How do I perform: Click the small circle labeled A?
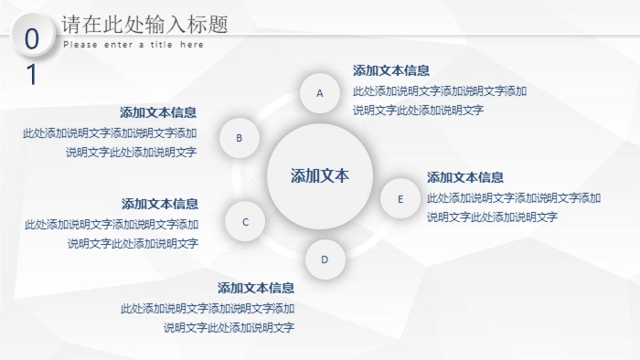click(320, 92)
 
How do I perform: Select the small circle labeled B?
click(240, 139)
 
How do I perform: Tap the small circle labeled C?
click(246, 221)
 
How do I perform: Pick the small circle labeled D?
click(324, 259)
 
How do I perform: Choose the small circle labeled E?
click(400, 198)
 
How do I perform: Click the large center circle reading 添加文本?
click(319, 176)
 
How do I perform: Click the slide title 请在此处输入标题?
click(144, 25)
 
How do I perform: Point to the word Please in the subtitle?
click(80, 45)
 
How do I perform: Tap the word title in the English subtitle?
click(162, 45)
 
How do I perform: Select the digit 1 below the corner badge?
click(32, 74)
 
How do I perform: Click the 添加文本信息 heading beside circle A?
click(391, 70)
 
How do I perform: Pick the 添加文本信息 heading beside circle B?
click(158, 112)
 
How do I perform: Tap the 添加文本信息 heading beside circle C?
click(160, 204)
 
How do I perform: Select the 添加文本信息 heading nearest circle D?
click(256, 288)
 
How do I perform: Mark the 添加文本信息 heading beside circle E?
click(465, 177)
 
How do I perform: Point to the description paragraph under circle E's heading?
click(513, 207)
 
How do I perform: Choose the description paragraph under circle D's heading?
click(208, 318)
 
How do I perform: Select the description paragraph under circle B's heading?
click(111, 143)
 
